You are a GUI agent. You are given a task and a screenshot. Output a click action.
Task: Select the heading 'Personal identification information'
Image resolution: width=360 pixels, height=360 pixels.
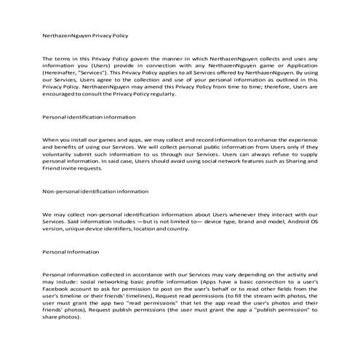[x=89, y=116]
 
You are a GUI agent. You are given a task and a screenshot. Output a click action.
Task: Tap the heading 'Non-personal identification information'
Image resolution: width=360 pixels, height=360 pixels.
[x=96, y=191]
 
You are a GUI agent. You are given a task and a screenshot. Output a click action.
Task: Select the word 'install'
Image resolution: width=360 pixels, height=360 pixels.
[x=84, y=139]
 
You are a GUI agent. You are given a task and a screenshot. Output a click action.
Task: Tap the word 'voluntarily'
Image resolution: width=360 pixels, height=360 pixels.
[x=60, y=154]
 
